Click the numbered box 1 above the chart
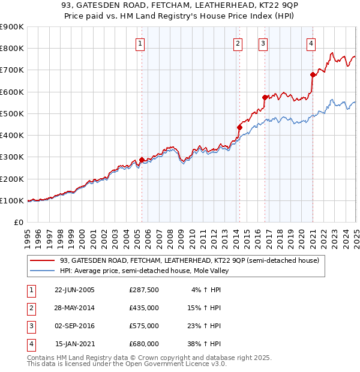(x=140, y=43)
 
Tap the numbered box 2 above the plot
(x=238, y=43)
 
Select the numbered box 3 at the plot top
(x=263, y=43)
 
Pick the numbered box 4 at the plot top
(x=311, y=43)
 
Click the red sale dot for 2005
(x=142, y=160)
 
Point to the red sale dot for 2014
(x=239, y=127)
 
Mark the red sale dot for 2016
(x=265, y=97)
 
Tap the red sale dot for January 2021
(x=313, y=74)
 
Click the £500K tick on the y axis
(x=13, y=113)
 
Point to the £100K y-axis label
(x=13, y=200)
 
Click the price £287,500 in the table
(x=144, y=289)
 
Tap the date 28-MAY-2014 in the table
(x=74, y=308)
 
